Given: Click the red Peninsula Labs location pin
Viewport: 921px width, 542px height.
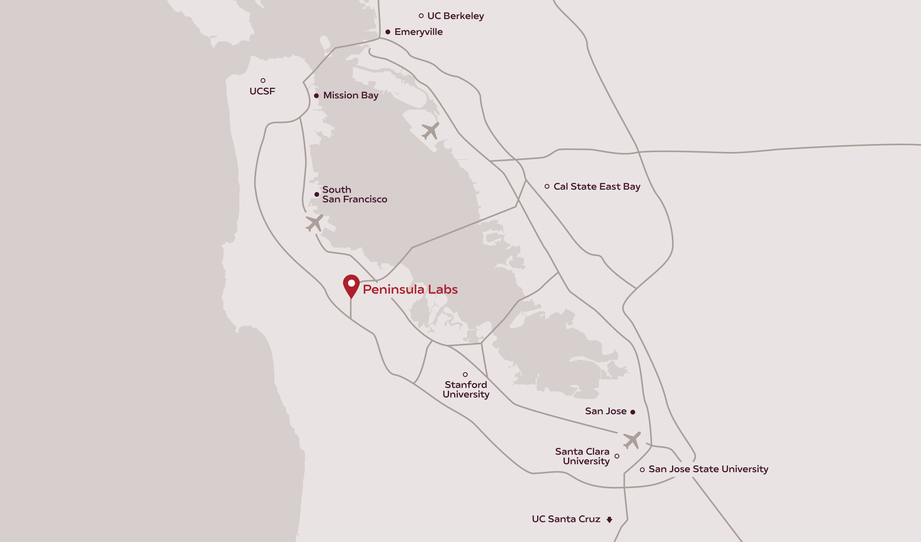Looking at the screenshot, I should tap(351, 285).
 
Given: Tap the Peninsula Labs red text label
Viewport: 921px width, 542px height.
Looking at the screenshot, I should tap(410, 289).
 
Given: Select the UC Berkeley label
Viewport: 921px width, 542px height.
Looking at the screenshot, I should tap(455, 16).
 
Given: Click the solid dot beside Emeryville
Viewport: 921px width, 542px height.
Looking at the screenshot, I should tap(388, 32).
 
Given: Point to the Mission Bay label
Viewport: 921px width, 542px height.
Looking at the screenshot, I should tap(351, 95).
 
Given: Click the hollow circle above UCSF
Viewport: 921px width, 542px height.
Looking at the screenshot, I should tap(263, 81).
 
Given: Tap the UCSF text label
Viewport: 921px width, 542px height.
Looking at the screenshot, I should tap(262, 91).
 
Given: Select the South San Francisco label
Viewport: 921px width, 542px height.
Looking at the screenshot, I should tap(354, 194).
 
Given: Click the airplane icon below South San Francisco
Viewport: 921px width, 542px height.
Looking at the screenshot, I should tap(314, 223).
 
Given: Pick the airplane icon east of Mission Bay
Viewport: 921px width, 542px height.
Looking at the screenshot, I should tap(430, 131).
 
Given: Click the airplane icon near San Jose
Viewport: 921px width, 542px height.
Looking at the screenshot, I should tap(632, 440).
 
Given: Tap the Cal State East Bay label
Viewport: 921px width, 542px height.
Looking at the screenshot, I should tap(597, 186).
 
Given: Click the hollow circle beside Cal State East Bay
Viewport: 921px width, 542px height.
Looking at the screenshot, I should tap(547, 186).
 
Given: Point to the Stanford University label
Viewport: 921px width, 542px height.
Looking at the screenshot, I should tap(466, 390).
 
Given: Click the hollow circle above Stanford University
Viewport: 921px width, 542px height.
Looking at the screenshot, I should tap(465, 375).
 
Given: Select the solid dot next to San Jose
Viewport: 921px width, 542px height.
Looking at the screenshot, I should tap(633, 412).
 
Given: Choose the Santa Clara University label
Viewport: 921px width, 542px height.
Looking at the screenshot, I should tap(582, 456).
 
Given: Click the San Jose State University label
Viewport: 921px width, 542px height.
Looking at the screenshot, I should tap(708, 469).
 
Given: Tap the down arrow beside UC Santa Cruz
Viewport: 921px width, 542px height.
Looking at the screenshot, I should tap(609, 520).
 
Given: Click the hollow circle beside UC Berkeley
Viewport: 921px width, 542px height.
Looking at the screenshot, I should tap(421, 16).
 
